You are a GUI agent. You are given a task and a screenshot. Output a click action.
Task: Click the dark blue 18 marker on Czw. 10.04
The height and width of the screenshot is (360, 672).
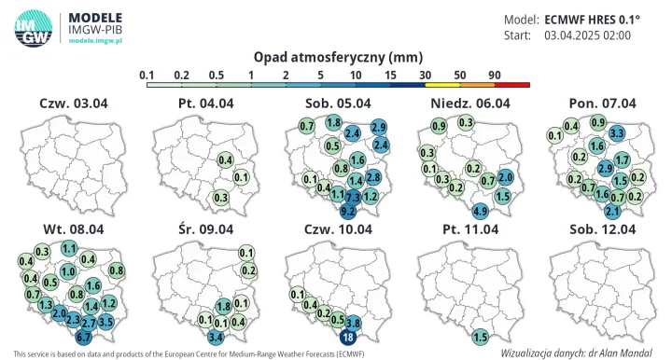point(348,337)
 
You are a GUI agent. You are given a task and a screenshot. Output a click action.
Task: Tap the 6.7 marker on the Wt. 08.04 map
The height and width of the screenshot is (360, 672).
point(83,337)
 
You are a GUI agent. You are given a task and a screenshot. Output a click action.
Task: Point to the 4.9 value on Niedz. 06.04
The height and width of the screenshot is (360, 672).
point(481,212)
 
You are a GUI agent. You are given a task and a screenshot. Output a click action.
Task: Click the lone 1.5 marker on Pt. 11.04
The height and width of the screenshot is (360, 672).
point(481,337)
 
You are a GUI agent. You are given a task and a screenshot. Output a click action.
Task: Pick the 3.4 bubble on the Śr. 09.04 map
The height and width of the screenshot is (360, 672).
point(216,337)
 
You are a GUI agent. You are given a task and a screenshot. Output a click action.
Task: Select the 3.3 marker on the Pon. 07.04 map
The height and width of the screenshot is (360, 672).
point(616,133)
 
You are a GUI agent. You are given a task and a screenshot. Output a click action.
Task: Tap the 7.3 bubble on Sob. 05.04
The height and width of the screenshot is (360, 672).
point(353,198)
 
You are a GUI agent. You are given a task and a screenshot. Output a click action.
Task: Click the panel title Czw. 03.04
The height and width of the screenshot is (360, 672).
point(74,103)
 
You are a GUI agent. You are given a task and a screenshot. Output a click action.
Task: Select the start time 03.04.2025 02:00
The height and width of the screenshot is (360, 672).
point(587,35)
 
